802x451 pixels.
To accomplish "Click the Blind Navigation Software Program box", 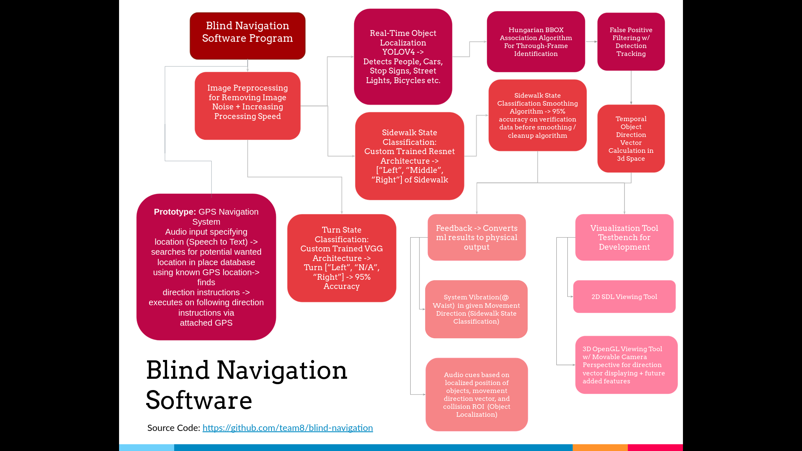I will (247, 36).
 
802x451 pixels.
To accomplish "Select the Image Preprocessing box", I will (247, 106).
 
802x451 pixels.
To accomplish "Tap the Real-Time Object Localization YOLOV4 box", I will (403, 57).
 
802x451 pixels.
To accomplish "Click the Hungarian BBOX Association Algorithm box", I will (536, 42).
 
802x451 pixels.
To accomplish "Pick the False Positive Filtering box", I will (631, 42).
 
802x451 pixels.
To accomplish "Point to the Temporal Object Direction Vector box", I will (631, 139).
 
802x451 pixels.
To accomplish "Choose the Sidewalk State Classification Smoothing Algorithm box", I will (537, 115).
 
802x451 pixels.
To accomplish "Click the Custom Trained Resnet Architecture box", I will (409, 156).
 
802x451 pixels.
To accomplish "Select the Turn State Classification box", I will (341, 258).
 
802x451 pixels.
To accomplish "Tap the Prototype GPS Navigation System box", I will (206, 267).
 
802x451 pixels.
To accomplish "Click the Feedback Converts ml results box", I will (477, 237).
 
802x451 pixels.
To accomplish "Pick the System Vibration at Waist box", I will (476, 309).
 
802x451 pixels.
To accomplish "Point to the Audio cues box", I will (477, 394).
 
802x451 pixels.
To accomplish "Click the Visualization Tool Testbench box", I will (624, 237).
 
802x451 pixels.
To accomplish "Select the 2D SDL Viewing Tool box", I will (624, 296).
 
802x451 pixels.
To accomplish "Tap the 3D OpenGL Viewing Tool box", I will (626, 365).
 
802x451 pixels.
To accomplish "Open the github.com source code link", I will (287, 428).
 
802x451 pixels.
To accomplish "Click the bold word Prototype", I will (175, 212).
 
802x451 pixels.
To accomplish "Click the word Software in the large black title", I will (199, 400).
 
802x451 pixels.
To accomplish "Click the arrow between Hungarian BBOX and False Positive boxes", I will (591, 42).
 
